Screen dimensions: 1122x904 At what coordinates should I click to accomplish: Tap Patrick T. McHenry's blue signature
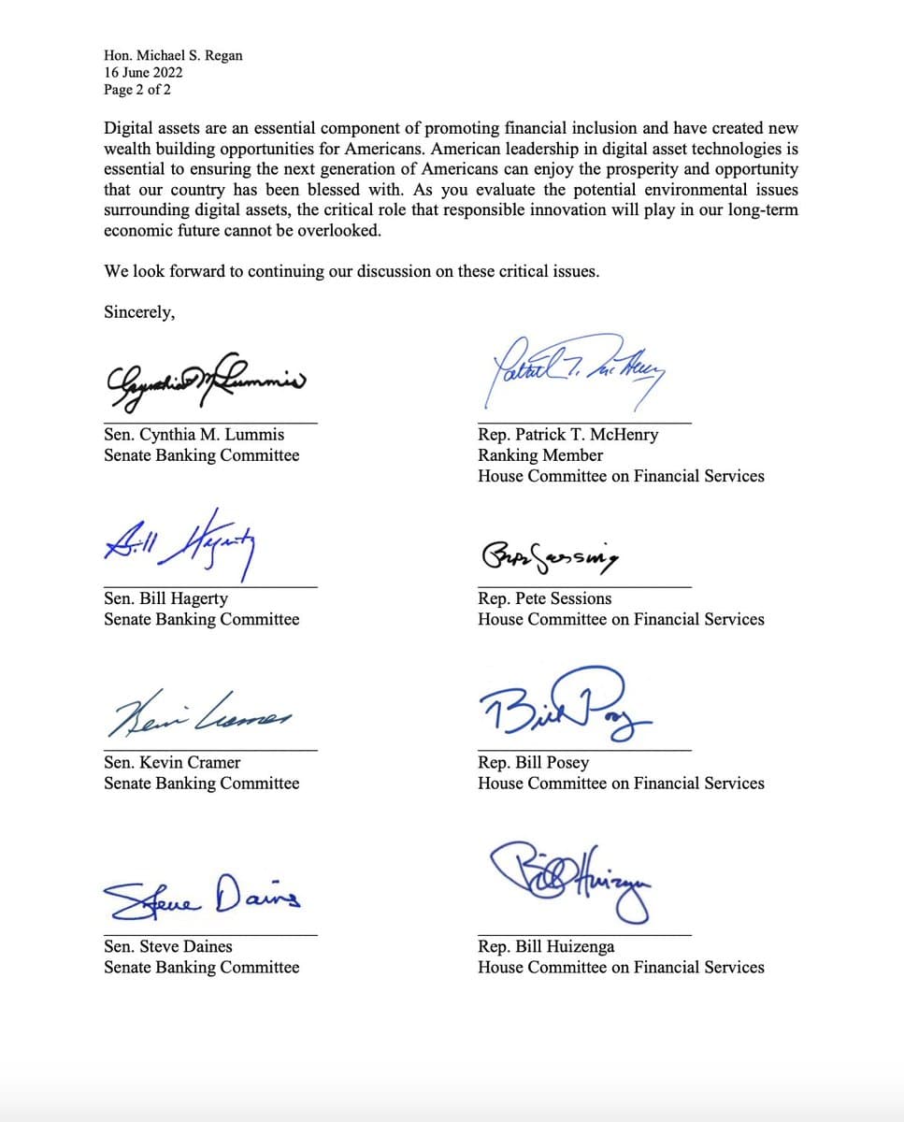pyautogui.click(x=570, y=369)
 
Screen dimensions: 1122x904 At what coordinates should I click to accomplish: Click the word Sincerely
pyautogui.click(x=139, y=312)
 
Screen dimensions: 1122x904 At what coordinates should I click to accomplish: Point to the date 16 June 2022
pyautogui.click(x=144, y=72)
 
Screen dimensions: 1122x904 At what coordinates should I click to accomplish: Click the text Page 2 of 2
pyautogui.click(x=137, y=90)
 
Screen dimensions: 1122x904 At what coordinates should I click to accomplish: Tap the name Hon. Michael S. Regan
pyautogui.click(x=173, y=55)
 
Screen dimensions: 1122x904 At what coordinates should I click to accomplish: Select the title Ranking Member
pyautogui.click(x=540, y=455)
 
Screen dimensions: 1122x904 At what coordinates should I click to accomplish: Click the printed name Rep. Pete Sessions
pyautogui.click(x=544, y=598)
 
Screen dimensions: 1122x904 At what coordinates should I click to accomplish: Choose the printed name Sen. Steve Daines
pyautogui.click(x=168, y=946)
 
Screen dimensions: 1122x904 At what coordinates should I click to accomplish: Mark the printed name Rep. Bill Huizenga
pyautogui.click(x=546, y=946)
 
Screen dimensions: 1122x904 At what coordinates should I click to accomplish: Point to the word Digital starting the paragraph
pyautogui.click(x=128, y=128)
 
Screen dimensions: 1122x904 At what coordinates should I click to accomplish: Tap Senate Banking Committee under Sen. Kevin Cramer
pyautogui.click(x=202, y=783)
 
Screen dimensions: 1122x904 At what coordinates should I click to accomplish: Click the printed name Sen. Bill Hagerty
pyautogui.click(x=165, y=598)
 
